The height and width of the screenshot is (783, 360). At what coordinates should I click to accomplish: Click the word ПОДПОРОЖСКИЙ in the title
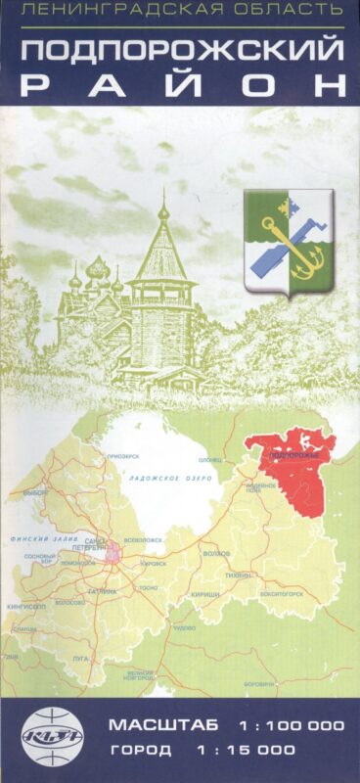[180, 51]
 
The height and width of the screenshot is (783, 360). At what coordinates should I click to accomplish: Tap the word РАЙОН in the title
[180, 84]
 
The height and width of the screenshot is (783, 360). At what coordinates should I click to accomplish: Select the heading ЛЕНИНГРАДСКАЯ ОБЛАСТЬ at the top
[180, 11]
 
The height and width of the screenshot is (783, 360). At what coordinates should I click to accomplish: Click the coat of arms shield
[289, 239]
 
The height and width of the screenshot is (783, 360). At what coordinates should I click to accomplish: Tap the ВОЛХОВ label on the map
[216, 553]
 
